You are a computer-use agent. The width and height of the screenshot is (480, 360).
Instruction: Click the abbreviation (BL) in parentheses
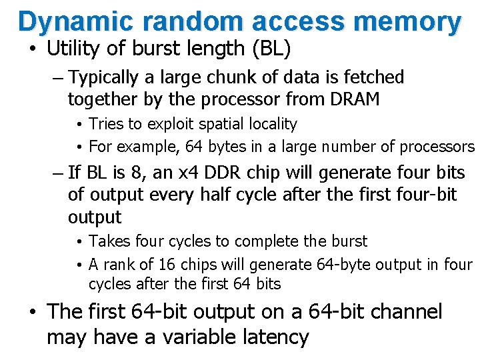click(270, 49)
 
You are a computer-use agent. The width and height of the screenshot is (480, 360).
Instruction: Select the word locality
click(270, 124)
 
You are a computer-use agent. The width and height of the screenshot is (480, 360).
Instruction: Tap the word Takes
click(107, 241)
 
